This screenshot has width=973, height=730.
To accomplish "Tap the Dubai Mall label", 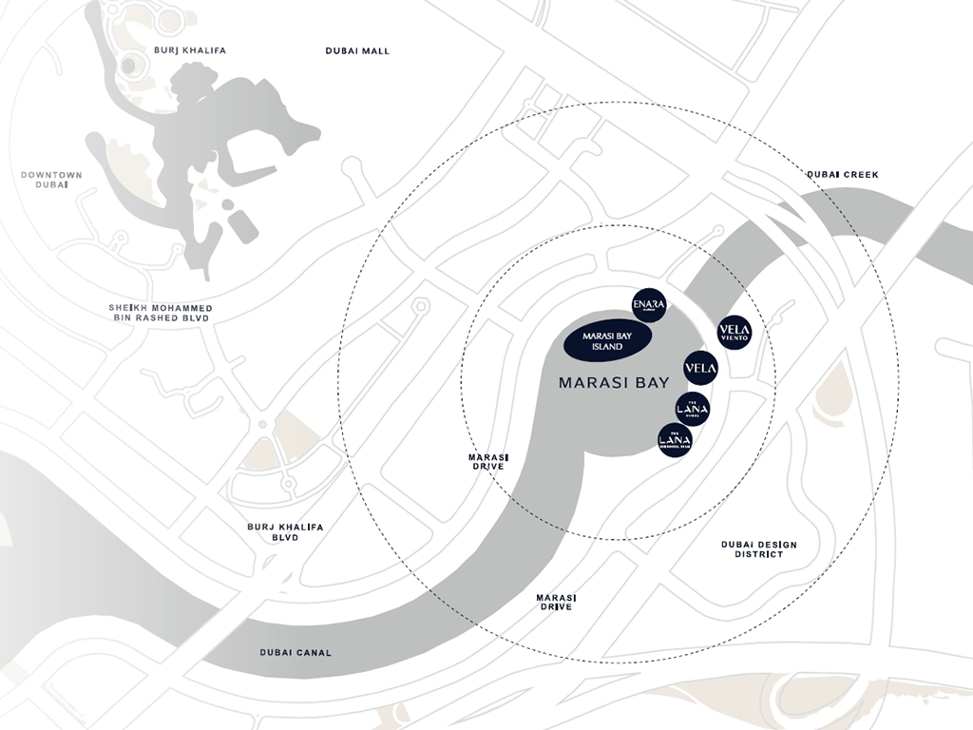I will (x=357, y=51).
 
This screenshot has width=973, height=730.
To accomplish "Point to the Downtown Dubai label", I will (x=51, y=180).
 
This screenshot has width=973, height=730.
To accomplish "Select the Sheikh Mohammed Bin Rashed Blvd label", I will (x=161, y=314).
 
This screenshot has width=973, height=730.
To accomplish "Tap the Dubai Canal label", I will (x=296, y=653).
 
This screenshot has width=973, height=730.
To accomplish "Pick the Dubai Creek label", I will (x=843, y=175).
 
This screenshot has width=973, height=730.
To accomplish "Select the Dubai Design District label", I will (x=758, y=549).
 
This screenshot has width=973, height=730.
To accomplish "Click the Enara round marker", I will (x=650, y=304).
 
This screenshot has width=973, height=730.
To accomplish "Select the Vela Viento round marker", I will (x=735, y=332).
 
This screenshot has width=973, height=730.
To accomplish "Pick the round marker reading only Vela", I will (x=700, y=368).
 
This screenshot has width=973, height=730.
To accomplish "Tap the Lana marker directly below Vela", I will (x=693, y=409).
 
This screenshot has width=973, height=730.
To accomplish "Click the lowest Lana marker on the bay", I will (x=675, y=440).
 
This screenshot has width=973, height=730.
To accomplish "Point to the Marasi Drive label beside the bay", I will (x=488, y=462).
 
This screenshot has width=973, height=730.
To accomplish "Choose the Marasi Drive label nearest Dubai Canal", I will (x=555, y=602).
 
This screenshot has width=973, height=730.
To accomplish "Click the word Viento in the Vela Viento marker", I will (x=735, y=338).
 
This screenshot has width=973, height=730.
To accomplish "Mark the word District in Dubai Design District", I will (x=758, y=555).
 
